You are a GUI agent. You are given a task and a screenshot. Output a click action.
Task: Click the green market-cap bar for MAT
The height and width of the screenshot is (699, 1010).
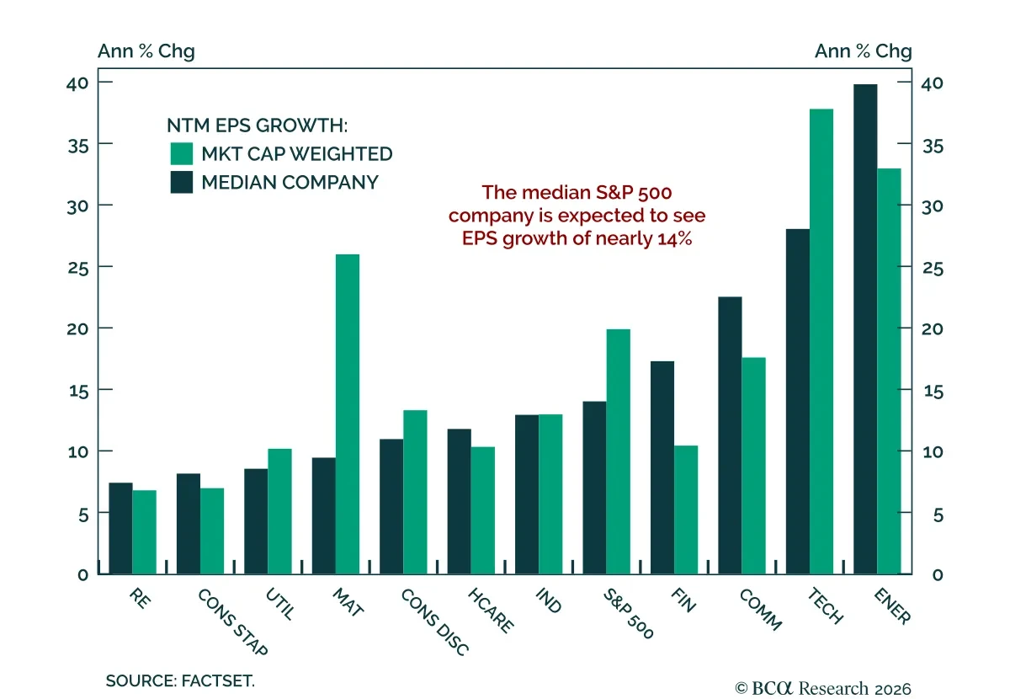(348, 414)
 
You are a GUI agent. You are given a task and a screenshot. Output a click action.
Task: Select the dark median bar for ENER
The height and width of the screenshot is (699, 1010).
(865, 329)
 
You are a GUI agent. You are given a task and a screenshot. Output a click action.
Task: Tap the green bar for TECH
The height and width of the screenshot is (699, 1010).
(821, 342)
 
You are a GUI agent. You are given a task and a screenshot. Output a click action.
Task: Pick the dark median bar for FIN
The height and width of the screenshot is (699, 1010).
(662, 467)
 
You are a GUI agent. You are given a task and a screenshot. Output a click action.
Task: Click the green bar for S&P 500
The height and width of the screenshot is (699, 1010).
(618, 451)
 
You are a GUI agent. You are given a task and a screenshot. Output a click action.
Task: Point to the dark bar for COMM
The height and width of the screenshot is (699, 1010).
(730, 435)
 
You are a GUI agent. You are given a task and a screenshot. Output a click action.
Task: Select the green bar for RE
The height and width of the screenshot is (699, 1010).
(144, 532)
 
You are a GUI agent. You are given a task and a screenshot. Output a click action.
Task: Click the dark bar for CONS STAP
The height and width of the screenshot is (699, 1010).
(189, 524)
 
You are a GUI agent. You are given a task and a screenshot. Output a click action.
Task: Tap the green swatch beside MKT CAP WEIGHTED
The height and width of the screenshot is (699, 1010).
(182, 154)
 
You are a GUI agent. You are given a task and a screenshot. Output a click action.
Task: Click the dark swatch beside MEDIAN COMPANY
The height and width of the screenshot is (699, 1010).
(182, 182)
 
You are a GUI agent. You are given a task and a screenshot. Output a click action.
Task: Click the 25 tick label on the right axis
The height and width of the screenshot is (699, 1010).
(933, 269)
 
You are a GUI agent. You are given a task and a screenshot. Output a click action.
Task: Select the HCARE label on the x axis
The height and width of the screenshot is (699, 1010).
(491, 611)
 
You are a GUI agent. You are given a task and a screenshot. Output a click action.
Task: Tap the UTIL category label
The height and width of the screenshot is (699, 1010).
(280, 604)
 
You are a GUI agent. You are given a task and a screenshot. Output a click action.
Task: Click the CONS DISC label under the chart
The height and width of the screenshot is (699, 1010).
(434, 622)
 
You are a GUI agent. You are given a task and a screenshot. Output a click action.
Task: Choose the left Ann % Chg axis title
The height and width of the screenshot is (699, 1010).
(146, 51)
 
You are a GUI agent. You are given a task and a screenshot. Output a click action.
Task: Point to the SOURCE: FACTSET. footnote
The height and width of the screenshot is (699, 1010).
(180, 680)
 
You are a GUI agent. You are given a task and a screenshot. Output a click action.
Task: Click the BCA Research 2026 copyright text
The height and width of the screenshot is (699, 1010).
(823, 689)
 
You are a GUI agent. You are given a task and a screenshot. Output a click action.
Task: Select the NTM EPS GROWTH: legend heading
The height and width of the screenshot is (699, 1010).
(258, 125)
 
